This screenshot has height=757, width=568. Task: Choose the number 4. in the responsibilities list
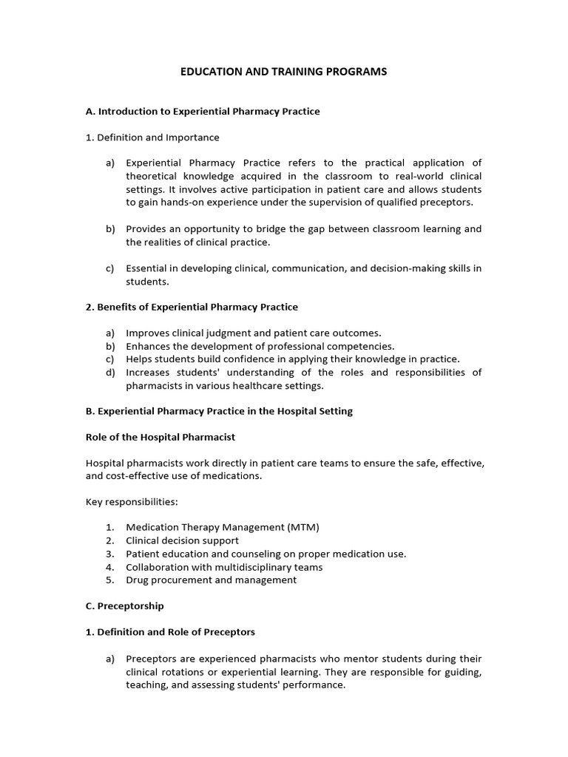(x=109, y=567)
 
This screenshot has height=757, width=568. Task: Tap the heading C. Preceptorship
(x=125, y=606)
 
